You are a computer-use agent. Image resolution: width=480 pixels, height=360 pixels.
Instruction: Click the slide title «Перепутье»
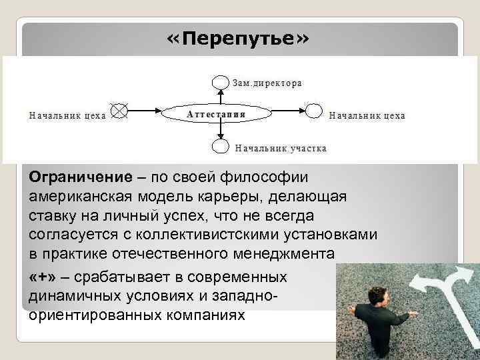click(238, 39)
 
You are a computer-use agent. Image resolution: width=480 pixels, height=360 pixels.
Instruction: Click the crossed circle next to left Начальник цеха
click(119, 110)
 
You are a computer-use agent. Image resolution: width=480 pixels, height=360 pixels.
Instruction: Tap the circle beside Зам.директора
click(219, 82)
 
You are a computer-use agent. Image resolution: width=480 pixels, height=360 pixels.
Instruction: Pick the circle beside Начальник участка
click(219, 147)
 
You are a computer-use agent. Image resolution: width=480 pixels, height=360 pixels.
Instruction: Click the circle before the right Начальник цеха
click(313, 110)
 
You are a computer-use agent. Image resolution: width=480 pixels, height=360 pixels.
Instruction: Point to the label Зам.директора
click(267, 83)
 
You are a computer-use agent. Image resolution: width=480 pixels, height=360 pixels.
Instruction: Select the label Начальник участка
click(280, 148)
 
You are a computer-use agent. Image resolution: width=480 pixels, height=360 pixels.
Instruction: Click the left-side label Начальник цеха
click(67, 115)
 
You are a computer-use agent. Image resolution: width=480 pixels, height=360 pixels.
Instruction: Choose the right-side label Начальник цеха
click(367, 115)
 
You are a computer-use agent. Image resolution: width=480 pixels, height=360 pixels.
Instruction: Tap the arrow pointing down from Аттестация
click(219, 131)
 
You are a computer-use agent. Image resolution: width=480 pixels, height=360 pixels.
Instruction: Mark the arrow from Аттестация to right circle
click(287, 111)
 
